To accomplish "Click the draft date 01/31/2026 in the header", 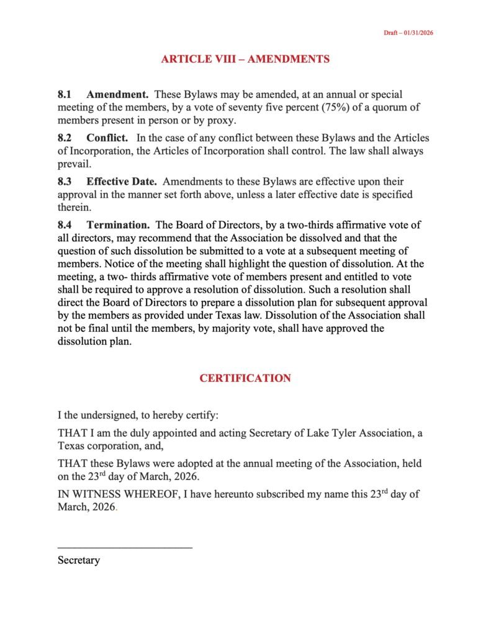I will click(x=417, y=33).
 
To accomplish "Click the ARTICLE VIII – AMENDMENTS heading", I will click(x=245, y=60).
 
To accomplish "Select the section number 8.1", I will click(x=65, y=95).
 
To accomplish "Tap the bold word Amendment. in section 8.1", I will click(x=117, y=95).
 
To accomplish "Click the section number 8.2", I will click(x=65, y=138).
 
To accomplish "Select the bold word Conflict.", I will click(x=107, y=138).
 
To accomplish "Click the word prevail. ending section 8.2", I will click(x=74, y=164).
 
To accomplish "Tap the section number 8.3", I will click(x=65, y=182).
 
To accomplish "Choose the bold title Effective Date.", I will click(x=122, y=182).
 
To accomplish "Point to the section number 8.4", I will click(x=65, y=225).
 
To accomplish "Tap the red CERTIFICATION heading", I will click(x=245, y=378).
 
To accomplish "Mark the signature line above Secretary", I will click(x=125, y=547).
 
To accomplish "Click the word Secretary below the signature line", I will click(x=79, y=560).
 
